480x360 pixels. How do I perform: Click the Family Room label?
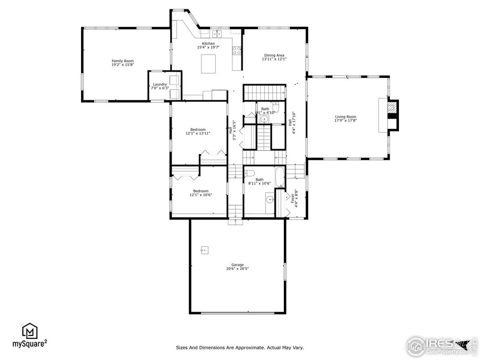[x=123, y=61]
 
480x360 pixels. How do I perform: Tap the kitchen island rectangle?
[x=208, y=64]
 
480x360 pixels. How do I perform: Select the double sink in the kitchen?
[x=217, y=34]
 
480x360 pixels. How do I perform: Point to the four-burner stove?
[x=236, y=51]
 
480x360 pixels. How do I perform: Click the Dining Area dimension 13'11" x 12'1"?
[x=274, y=59]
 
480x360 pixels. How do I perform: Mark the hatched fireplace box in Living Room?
[x=392, y=107]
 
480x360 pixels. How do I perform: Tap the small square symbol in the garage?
[x=205, y=249]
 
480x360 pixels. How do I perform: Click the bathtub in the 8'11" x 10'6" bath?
[x=279, y=177]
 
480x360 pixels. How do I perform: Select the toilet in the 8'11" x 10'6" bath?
[x=249, y=173]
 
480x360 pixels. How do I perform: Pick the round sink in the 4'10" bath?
[x=263, y=119]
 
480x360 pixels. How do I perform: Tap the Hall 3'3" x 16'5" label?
[x=232, y=130]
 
